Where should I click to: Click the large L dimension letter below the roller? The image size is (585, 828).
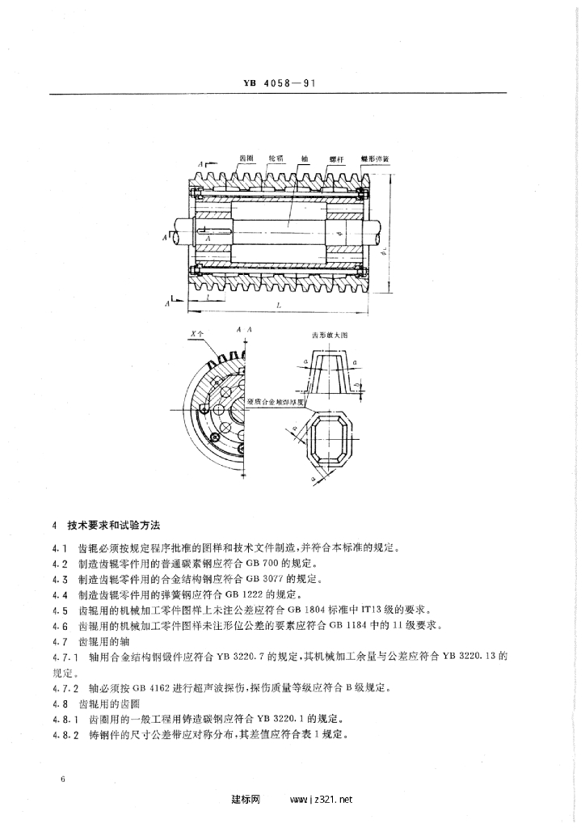tap(279, 306)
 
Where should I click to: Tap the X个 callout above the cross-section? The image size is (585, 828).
tap(194, 332)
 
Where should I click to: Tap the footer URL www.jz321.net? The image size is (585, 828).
tap(322, 801)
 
